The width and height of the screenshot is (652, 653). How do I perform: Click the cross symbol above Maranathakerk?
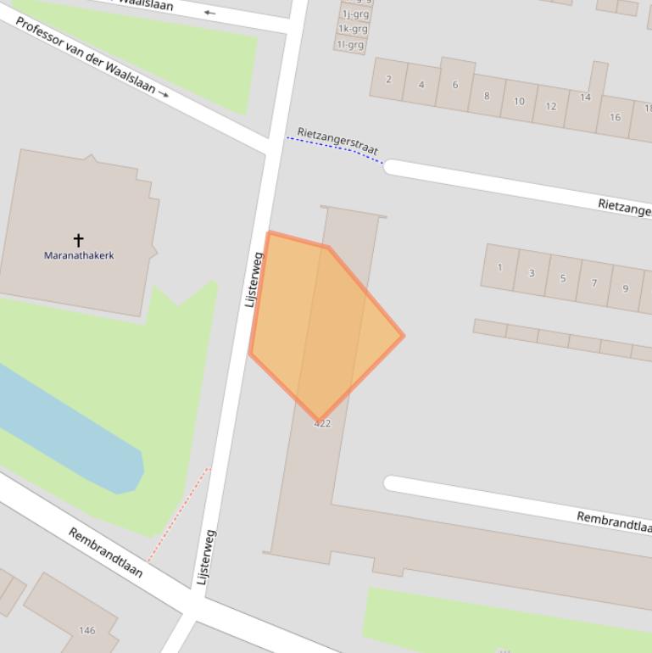coord(78,240)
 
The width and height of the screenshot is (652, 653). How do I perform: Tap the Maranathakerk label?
coord(79,255)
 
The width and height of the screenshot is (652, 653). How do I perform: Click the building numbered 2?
coord(388,80)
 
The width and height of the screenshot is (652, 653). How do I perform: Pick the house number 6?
coord(454,85)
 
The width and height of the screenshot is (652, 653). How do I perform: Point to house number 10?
coord(519,101)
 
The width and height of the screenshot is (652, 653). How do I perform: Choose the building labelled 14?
coord(585,98)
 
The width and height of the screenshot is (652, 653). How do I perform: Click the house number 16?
coord(615,117)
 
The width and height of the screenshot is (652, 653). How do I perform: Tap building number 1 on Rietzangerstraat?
coord(499,267)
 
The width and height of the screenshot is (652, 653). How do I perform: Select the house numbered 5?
coord(562,277)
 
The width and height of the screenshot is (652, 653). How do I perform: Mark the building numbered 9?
coord(625,288)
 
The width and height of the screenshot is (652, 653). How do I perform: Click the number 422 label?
coord(322,423)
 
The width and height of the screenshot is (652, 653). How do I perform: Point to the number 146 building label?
coord(86,630)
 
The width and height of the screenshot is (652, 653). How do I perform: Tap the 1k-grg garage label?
coord(353,29)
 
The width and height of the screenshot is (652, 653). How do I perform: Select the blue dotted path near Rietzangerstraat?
coord(335,148)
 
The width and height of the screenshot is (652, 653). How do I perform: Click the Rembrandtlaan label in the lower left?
coord(106,552)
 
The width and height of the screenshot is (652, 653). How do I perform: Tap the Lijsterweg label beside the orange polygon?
coord(254,279)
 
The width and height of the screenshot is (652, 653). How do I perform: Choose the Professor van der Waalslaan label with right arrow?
coord(92,57)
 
